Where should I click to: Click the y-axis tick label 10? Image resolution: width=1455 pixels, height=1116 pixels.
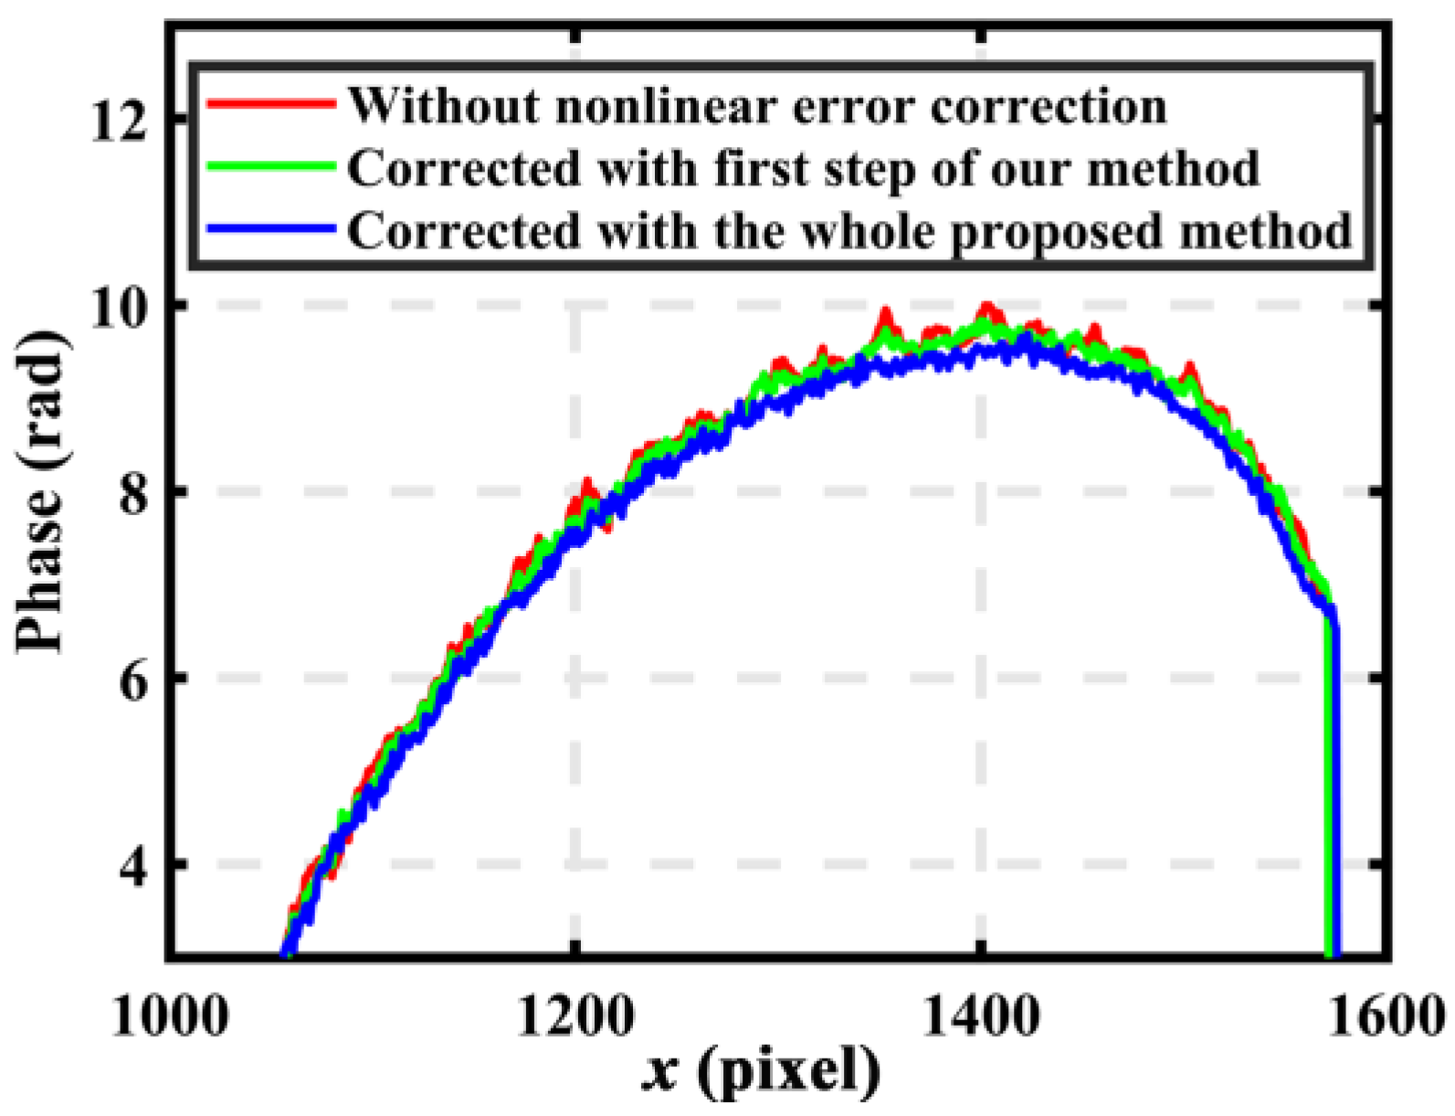tap(120, 307)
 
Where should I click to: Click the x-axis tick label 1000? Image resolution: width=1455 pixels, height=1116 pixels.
tap(169, 1015)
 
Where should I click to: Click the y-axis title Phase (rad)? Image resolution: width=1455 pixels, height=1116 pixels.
tap(41, 493)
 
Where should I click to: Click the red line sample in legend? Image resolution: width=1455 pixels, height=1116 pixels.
tap(269, 103)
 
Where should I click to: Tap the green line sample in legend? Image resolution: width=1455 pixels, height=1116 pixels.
tap(269, 166)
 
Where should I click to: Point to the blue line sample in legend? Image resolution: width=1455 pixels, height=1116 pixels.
tap(269, 228)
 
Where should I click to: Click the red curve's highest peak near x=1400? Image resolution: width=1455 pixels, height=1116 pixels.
tap(986, 307)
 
